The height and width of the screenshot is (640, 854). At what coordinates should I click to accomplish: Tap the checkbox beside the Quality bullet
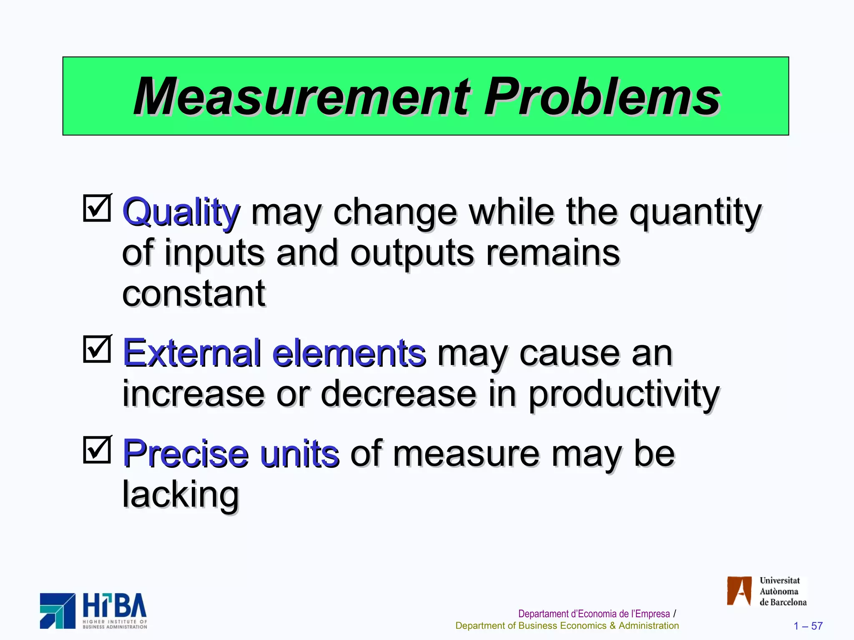97,208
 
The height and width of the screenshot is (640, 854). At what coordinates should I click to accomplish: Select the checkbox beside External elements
97,349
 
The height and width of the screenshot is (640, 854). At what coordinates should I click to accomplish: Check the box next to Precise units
97,450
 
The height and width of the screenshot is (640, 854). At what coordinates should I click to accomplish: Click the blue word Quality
181,212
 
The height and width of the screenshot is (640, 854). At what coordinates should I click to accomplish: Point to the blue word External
192,353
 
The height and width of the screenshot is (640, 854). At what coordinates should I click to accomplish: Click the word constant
193,293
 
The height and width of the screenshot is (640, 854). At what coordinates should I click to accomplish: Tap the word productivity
624,394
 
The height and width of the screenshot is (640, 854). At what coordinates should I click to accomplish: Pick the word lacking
181,495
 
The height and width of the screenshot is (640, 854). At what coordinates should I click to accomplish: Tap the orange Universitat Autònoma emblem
739,590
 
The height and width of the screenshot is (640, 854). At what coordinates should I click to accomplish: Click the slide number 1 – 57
808,626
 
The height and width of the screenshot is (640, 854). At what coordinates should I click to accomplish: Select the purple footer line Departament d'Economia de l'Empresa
594,614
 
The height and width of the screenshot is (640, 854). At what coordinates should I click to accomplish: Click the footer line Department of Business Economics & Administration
567,626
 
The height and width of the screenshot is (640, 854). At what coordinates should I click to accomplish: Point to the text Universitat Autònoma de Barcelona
782,591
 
